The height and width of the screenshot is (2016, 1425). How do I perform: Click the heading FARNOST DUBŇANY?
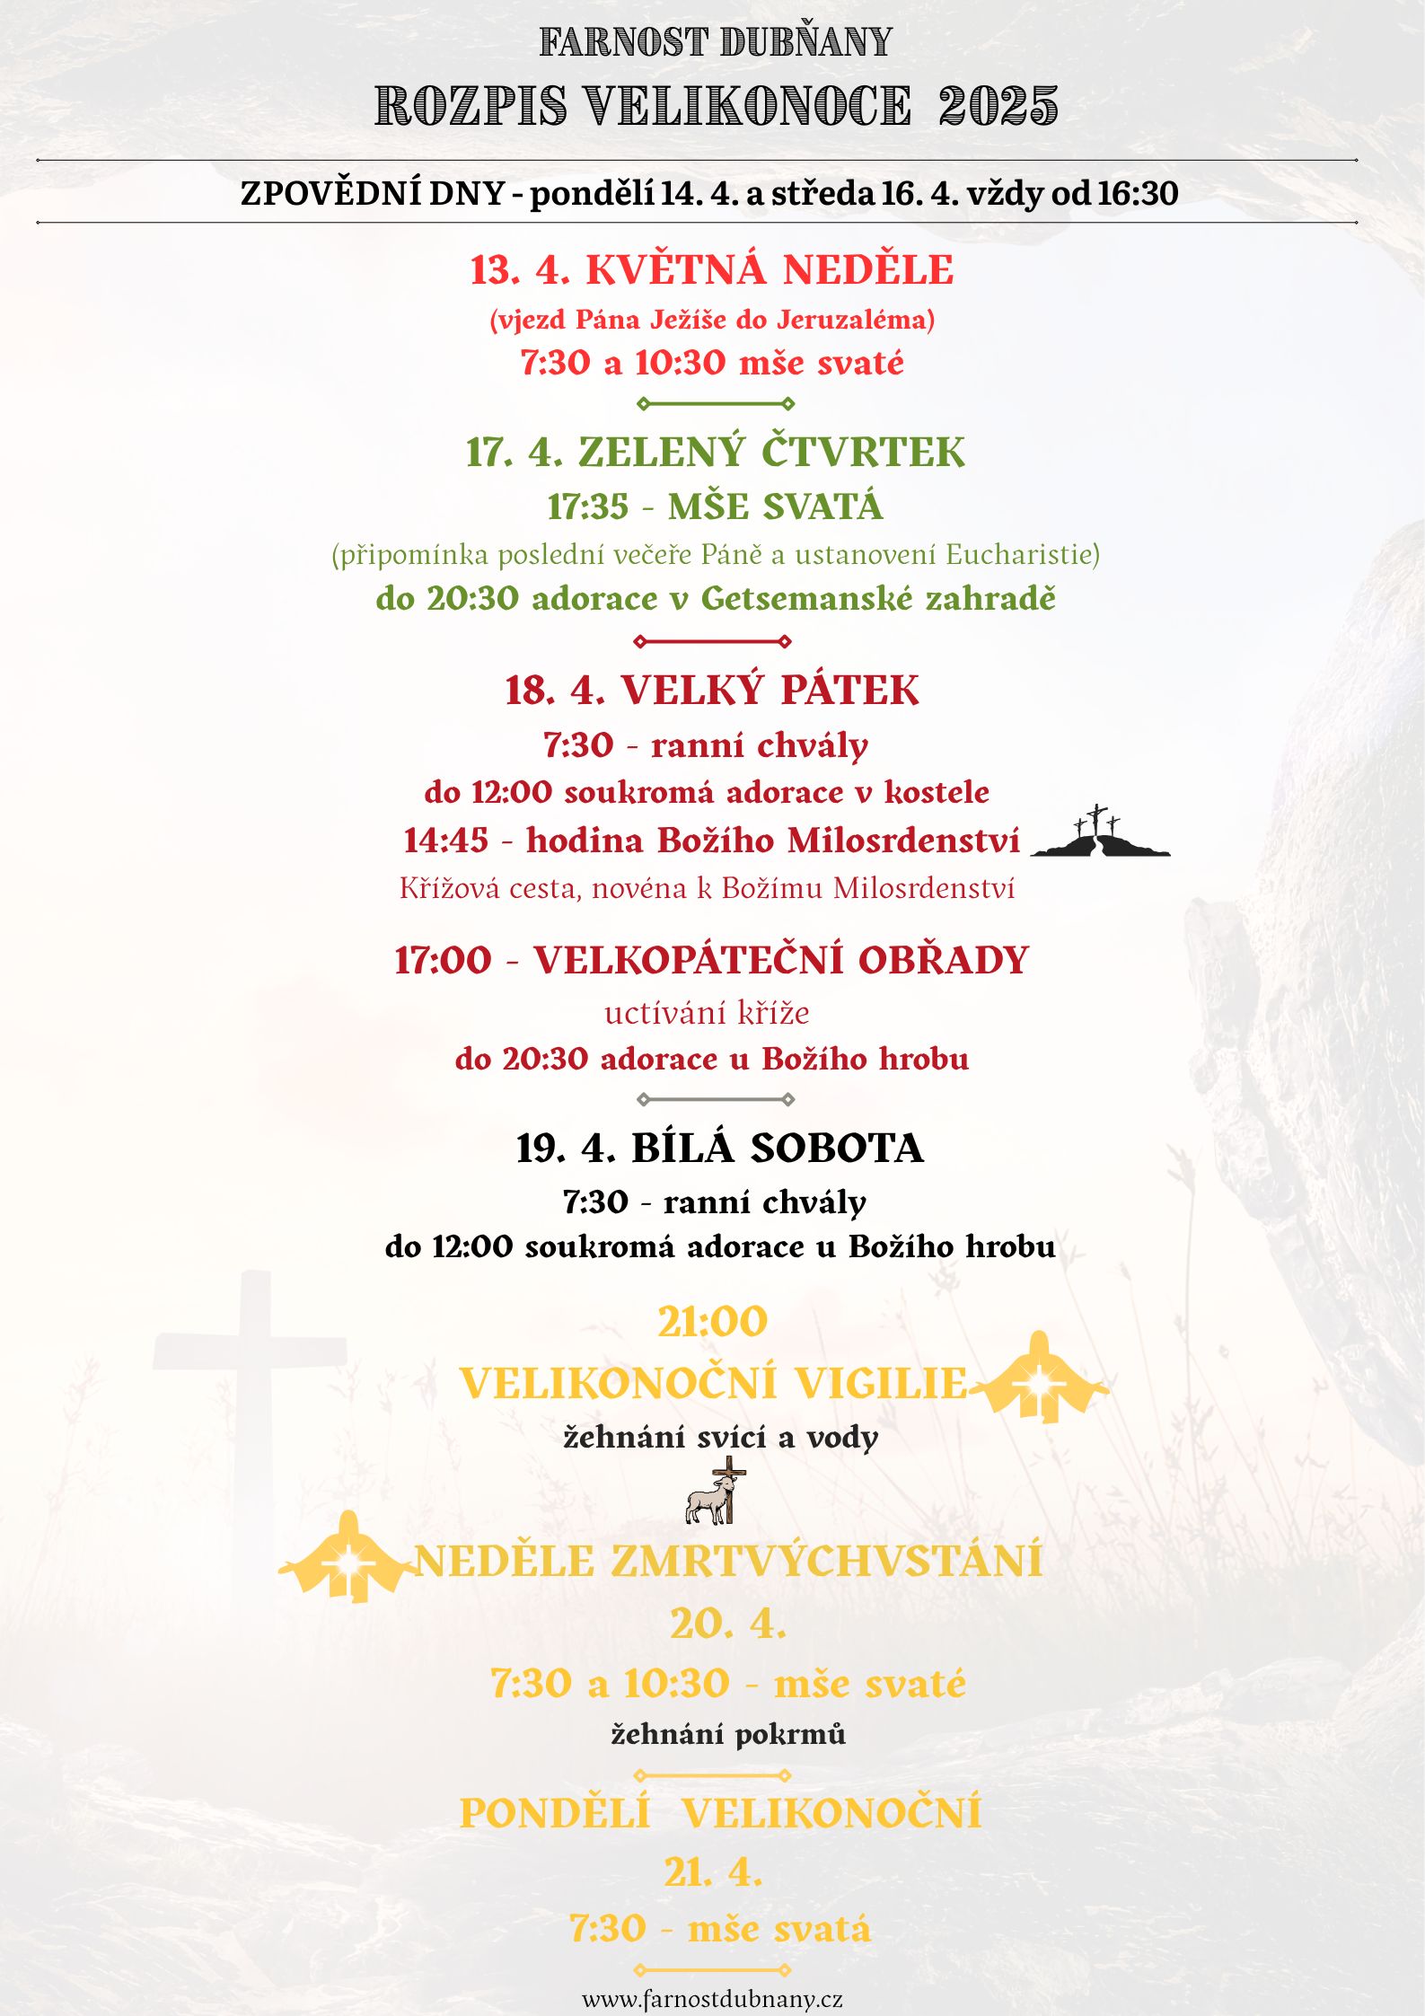[x=715, y=42]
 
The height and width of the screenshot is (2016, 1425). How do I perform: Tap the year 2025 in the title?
[x=998, y=106]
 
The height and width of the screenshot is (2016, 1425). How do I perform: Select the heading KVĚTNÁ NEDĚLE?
[x=770, y=270]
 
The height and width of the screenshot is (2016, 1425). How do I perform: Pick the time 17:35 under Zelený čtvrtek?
[x=588, y=507]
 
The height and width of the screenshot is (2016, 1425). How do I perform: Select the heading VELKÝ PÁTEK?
[x=770, y=691]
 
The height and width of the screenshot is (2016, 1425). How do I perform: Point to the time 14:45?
[x=446, y=841]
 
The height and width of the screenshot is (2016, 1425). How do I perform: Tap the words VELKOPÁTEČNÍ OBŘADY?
[x=781, y=960]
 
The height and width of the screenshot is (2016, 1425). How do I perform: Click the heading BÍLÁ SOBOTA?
[x=777, y=1149]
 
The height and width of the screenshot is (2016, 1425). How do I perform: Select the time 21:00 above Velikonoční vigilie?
[x=713, y=1322]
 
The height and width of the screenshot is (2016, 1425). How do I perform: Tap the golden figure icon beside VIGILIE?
[x=1039, y=1380]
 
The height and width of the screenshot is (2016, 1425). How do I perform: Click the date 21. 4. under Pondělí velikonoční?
[x=713, y=1872]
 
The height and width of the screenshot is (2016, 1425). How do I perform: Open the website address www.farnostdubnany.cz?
[x=712, y=1999]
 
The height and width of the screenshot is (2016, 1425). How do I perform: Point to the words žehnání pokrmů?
[x=728, y=1733]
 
